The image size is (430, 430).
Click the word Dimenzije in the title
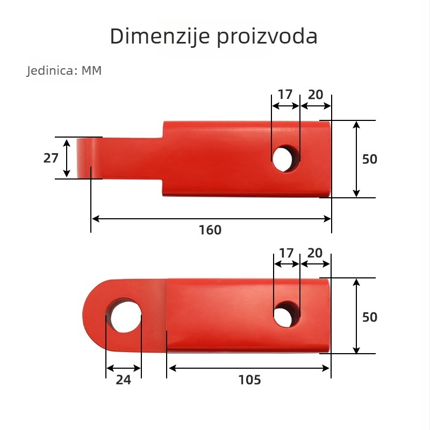pos(160,36)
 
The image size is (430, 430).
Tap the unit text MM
pos(91,70)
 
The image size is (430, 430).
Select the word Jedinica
pos(51,70)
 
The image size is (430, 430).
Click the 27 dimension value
pos(51,158)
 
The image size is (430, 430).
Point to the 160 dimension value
pos(210,230)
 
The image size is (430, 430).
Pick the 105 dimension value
pos(249,380)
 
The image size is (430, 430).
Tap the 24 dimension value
pos(124,380)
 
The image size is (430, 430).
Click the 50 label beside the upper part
pos(369,159)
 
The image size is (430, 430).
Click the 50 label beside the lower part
pos(369,317)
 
